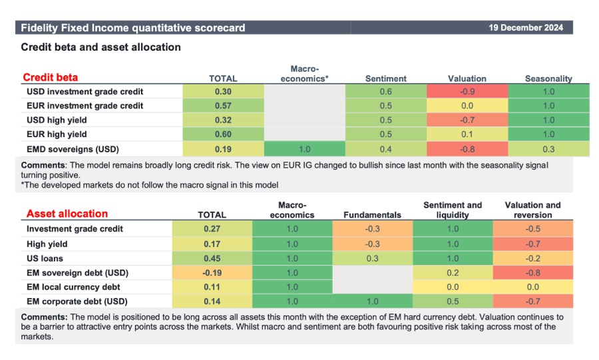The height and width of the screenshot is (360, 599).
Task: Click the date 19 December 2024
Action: point(525,27)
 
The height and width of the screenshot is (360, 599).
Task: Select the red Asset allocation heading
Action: point(67,214)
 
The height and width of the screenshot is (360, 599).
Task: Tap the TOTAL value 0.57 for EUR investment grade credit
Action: point(223,106)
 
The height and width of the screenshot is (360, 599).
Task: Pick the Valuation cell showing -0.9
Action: point(467,92)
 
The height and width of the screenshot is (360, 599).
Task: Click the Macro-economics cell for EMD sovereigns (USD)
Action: point(304,148)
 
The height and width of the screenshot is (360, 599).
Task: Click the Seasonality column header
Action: point(548,79)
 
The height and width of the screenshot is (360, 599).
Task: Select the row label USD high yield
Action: point(57,120)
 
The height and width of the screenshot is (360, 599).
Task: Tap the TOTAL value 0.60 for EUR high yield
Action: point(223,134)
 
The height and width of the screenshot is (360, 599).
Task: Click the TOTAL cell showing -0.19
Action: point(212,273)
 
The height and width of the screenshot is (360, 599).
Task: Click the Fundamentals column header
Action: point(372,215)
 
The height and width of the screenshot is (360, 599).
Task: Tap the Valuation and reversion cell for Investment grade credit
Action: point(532,229)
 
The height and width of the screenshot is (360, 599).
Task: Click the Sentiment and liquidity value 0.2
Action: point(453,273)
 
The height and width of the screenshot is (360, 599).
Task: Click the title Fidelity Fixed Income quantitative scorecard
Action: point(133,28)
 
